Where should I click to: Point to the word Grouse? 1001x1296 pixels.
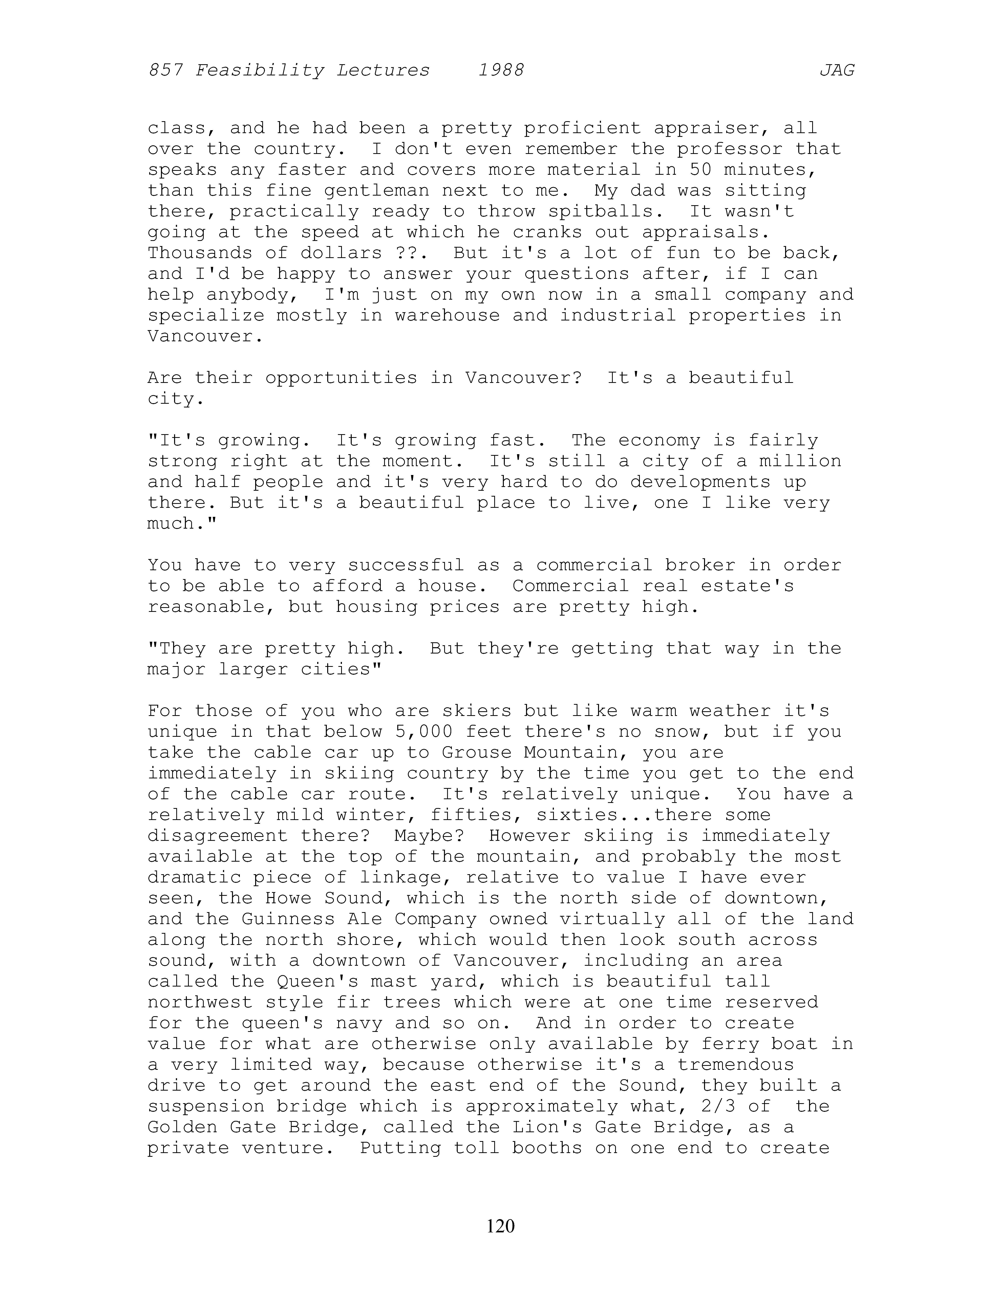coord(476,752)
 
